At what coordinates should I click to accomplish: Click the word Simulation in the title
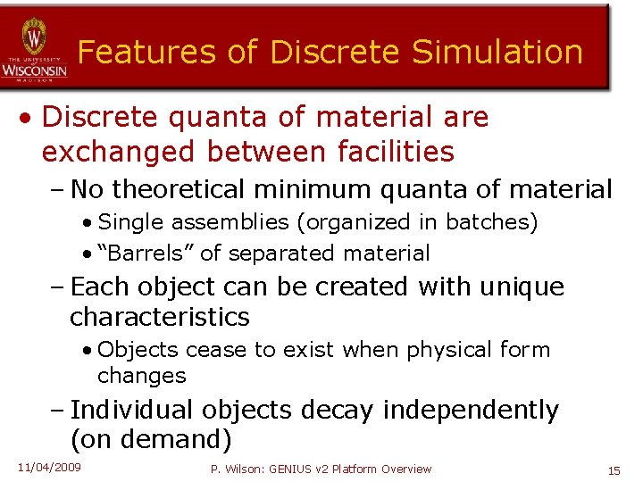(497, 52)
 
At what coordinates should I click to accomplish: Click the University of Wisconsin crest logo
(34, 38)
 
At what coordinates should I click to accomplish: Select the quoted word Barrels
(141, 253)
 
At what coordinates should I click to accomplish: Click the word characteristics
(160, 317)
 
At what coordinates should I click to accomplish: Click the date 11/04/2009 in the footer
(48, 468)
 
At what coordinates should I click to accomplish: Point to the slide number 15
(614, 470)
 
